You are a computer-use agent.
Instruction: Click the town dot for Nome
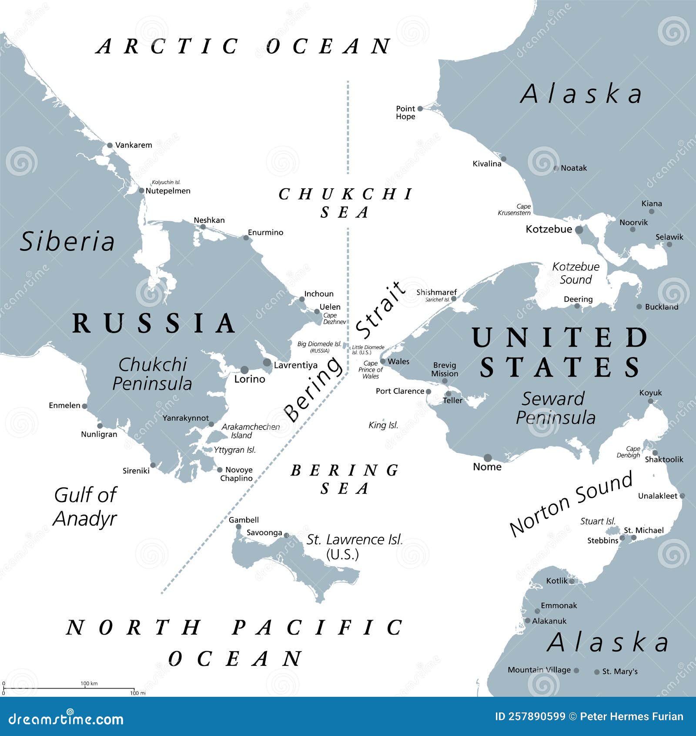click(488, 458)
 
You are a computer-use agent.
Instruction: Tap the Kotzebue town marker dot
click(579, 230)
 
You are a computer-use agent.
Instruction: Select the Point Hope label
click(405, 112)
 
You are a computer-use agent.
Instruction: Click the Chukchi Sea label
click(345, 203)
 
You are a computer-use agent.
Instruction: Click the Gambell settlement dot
click(238, 527)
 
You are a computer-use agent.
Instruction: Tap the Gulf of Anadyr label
click(85, 506)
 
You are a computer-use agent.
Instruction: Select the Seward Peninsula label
click(555, 408)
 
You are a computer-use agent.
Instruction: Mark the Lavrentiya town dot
click(267, 363)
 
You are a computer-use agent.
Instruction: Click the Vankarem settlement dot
click(110, 145)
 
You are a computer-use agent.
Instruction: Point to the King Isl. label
click(383, 425)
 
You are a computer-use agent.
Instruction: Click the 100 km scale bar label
click(89, 683)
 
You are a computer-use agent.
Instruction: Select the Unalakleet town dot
click(682, 496)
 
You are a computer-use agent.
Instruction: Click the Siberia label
click(67, 242)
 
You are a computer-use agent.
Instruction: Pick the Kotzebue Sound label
click(576, 273)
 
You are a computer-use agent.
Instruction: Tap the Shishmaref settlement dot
click(454, 299)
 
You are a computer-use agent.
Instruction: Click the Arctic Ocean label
click(244, 47)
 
